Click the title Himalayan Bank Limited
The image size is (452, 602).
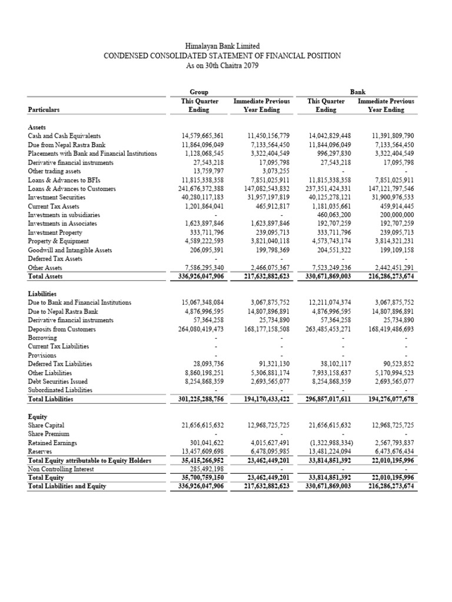(x=222, y=46)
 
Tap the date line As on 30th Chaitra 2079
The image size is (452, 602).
(x=222, y=65)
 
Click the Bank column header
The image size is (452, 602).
(x=358, y=92)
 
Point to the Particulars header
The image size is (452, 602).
(x=44, y=109)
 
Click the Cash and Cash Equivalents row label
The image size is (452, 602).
(x=64, y=135)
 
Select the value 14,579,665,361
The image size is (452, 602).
(x=203, y=135)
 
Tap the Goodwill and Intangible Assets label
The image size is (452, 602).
(x=69, y=250)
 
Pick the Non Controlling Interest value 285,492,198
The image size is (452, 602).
(x=206, y=469)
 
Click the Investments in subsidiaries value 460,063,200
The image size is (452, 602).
(x=335, y=215)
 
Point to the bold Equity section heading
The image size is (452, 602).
(x=38, y=415)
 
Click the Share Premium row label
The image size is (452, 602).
(x=49, y=433)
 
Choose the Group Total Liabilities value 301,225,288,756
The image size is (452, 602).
(x=200, y=399)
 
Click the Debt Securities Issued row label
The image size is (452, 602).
(x=58, y=381)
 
